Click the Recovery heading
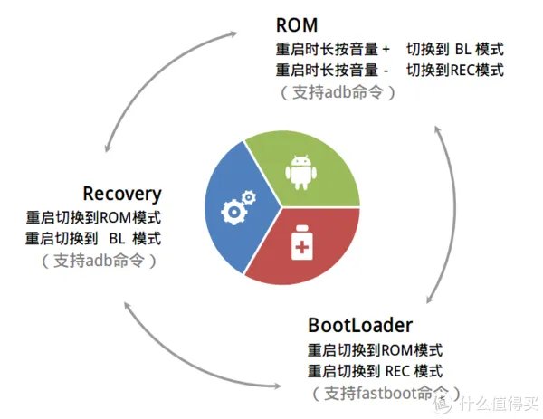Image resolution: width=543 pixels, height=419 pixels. pyautogui.click(x=121, y=194)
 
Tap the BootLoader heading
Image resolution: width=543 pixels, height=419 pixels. pyautogui.click(x=360, y=325)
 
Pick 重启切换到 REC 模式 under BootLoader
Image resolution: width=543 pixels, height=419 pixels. pyautogui.click(x=376, y=371)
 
